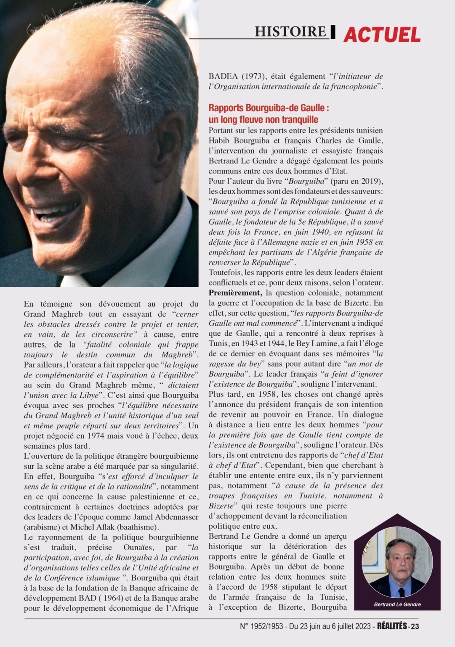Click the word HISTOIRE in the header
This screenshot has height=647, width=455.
click(x=290, y=32)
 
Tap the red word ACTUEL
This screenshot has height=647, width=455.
click(x=382, y=35)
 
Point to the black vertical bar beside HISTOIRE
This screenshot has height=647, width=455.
click(x=333, y=32)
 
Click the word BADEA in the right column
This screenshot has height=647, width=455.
click(x=223, y=77)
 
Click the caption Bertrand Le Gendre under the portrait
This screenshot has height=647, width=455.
click(x=397, y=604)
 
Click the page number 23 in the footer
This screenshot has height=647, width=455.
click(x=415, y=626)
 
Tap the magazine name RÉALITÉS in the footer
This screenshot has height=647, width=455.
click(x=391, y=626)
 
